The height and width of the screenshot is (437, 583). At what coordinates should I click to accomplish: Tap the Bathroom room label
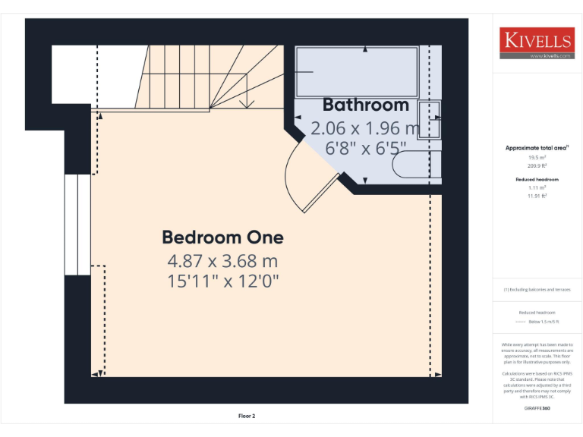click(366, 105)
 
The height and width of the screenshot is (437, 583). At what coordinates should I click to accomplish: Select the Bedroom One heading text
click(222, 237)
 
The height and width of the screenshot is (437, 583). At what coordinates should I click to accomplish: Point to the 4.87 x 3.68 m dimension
click(222, 262)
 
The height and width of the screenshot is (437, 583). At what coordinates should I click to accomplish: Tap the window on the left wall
click(77, 225)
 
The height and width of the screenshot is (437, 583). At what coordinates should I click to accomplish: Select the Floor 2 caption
click(247, 416)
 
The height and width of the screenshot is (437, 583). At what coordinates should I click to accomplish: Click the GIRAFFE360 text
click(537, 409)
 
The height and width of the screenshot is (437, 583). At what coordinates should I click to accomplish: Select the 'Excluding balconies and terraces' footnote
click(537, 290)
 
